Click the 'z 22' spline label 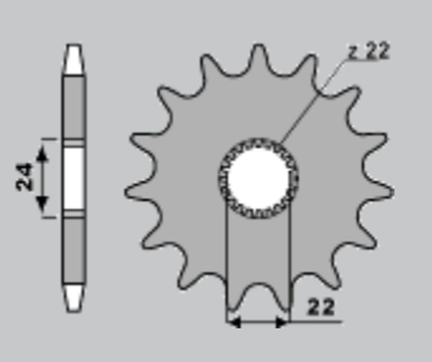click(x=369, y=51)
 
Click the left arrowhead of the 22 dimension click(x=231, y=321)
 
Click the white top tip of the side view click(x=74, y=58)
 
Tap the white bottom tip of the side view click(x=74, y=298)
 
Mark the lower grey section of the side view click(x=74, y=252)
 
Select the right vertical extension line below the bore click(x=288, y=261)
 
